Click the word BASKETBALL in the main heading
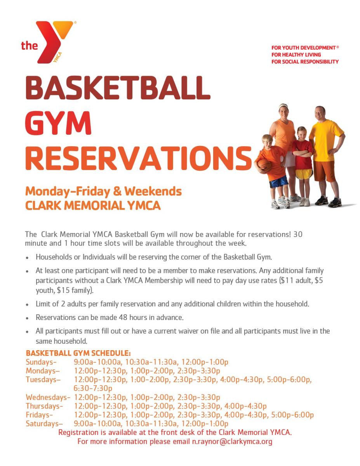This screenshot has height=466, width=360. (x=118, y=88)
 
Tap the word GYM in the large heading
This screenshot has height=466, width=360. (x=58, y=123)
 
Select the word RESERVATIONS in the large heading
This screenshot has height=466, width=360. (x=138, y=158)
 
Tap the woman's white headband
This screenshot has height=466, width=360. (x=283, y=106)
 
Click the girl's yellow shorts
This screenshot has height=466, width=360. (x=304, y=173)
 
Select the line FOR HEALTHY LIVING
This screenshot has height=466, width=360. (x=296, y=55)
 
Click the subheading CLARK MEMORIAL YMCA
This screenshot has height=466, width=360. (x=93, y=205)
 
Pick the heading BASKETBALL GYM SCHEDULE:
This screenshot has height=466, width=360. (x=78, y=353)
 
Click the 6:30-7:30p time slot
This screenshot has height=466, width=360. (x=93, y=388)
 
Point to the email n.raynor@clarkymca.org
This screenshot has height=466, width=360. (x=232, y=442)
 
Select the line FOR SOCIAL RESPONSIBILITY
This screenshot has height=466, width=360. (x=305, y=62)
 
